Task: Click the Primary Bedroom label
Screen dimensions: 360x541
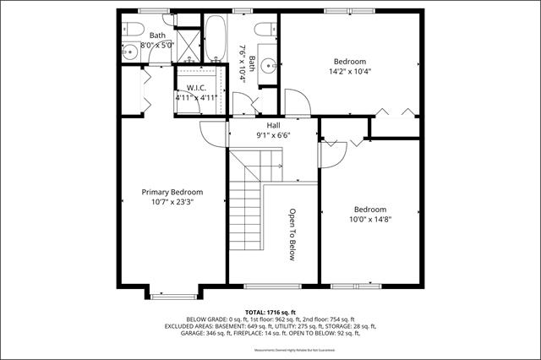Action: [x=172, y=192]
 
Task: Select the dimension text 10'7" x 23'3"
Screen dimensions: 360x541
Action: [x=172, y=202]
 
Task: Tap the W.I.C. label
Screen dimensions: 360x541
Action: [x=196, y=87]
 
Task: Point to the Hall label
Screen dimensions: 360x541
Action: [x=273, y=124]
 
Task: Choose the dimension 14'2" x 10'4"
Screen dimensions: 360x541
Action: [x=349, y=72]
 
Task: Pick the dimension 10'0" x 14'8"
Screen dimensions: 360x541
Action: [x=369, y=219]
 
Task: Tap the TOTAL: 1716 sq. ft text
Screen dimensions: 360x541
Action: [x=270, y=311]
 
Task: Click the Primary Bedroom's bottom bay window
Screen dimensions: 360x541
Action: [x=173, y=295]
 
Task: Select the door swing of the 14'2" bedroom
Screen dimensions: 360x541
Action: [x=297, y=106]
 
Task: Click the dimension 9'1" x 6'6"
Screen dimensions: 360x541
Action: [x=273, y=134]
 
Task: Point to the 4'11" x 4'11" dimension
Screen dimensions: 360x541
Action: [x=196, y=97]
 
